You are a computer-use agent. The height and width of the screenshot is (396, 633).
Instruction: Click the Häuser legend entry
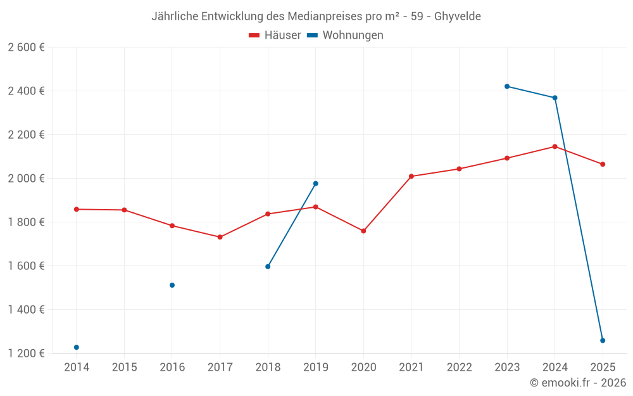point(275,35)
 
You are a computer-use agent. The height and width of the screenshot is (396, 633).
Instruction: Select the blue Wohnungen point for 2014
point(77,347)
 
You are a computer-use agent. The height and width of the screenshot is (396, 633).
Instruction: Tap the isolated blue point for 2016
point(172,285)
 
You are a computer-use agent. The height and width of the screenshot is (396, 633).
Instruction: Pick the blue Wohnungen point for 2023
point(507,86)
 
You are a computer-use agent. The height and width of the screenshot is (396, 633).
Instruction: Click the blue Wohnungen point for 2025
point(603,340)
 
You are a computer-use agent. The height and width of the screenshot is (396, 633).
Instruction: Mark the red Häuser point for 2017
point(220,237)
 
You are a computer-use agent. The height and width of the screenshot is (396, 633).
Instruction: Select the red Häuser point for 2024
point(555,146)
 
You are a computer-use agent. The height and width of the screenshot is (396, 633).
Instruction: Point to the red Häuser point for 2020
point(363,231)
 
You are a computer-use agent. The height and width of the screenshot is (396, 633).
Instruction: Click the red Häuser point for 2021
point(411,176)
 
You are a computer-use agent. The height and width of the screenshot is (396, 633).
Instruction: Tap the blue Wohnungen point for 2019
point(316,184)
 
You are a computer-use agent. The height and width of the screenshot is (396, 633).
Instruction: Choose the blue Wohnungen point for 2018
point(268,267)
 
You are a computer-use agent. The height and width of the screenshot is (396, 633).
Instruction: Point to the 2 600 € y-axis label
point(26,48)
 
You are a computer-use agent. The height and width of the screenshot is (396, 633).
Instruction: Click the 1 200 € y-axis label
point(26,354)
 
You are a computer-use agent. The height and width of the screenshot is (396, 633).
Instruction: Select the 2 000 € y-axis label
point(26,179)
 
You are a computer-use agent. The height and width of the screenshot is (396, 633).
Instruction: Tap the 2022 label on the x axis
point(459,367)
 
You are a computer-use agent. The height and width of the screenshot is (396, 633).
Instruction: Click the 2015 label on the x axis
point(124,367)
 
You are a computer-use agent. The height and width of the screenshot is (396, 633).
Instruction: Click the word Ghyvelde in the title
point(457,16)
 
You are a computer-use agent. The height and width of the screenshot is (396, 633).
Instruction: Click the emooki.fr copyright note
point(577,383)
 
